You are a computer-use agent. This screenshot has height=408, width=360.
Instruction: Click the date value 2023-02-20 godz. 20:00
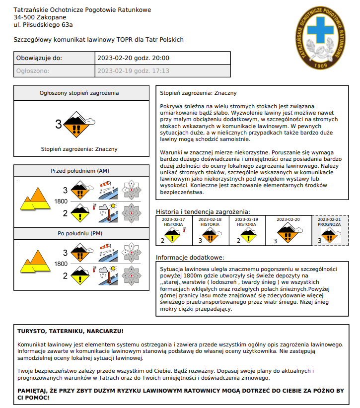134,58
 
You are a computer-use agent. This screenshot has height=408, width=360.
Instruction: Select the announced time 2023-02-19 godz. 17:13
134,71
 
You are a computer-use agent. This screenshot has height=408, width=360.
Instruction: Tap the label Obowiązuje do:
39,58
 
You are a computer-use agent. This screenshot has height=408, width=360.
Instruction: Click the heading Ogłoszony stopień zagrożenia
79,93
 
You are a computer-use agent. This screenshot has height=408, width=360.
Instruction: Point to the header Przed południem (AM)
80,171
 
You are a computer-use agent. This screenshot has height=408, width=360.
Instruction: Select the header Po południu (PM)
80,233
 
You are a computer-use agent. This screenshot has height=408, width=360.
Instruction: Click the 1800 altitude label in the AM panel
61,202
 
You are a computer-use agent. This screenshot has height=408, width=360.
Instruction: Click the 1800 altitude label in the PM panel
61,264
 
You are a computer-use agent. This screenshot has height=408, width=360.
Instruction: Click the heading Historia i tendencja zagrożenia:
203,211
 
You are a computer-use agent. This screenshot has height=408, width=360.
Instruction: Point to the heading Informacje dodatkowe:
190,258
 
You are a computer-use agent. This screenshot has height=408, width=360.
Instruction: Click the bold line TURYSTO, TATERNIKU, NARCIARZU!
71,331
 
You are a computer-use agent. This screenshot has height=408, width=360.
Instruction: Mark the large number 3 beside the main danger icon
59,125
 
